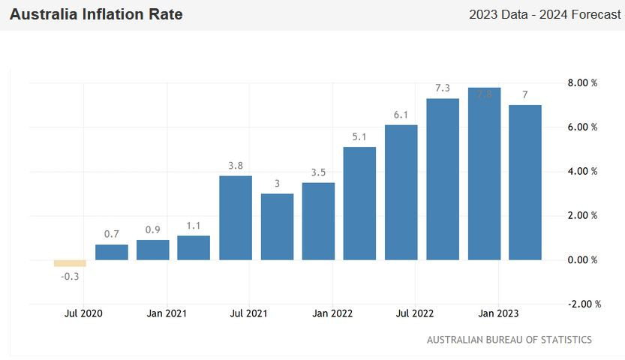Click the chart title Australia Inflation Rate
[96, 14]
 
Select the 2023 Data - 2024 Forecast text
[544, 15]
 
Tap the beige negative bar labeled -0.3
[70, 263]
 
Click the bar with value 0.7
[112, 252]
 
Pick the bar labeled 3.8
[236, 217]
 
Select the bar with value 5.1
[359, 203]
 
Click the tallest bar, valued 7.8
[484, 174]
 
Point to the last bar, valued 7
[525, 182]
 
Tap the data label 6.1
[401, 115]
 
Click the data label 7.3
[443, 88]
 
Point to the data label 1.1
[194, 225]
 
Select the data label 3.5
[318, 172]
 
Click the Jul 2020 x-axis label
[83, 313]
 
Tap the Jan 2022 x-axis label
[332, 313]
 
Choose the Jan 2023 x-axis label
[498, 313]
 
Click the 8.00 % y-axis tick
[582, 83]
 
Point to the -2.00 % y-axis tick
[581, 304]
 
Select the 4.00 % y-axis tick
[582, 172]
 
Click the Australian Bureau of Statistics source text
[509, 340]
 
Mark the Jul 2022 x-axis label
[415, 313]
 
